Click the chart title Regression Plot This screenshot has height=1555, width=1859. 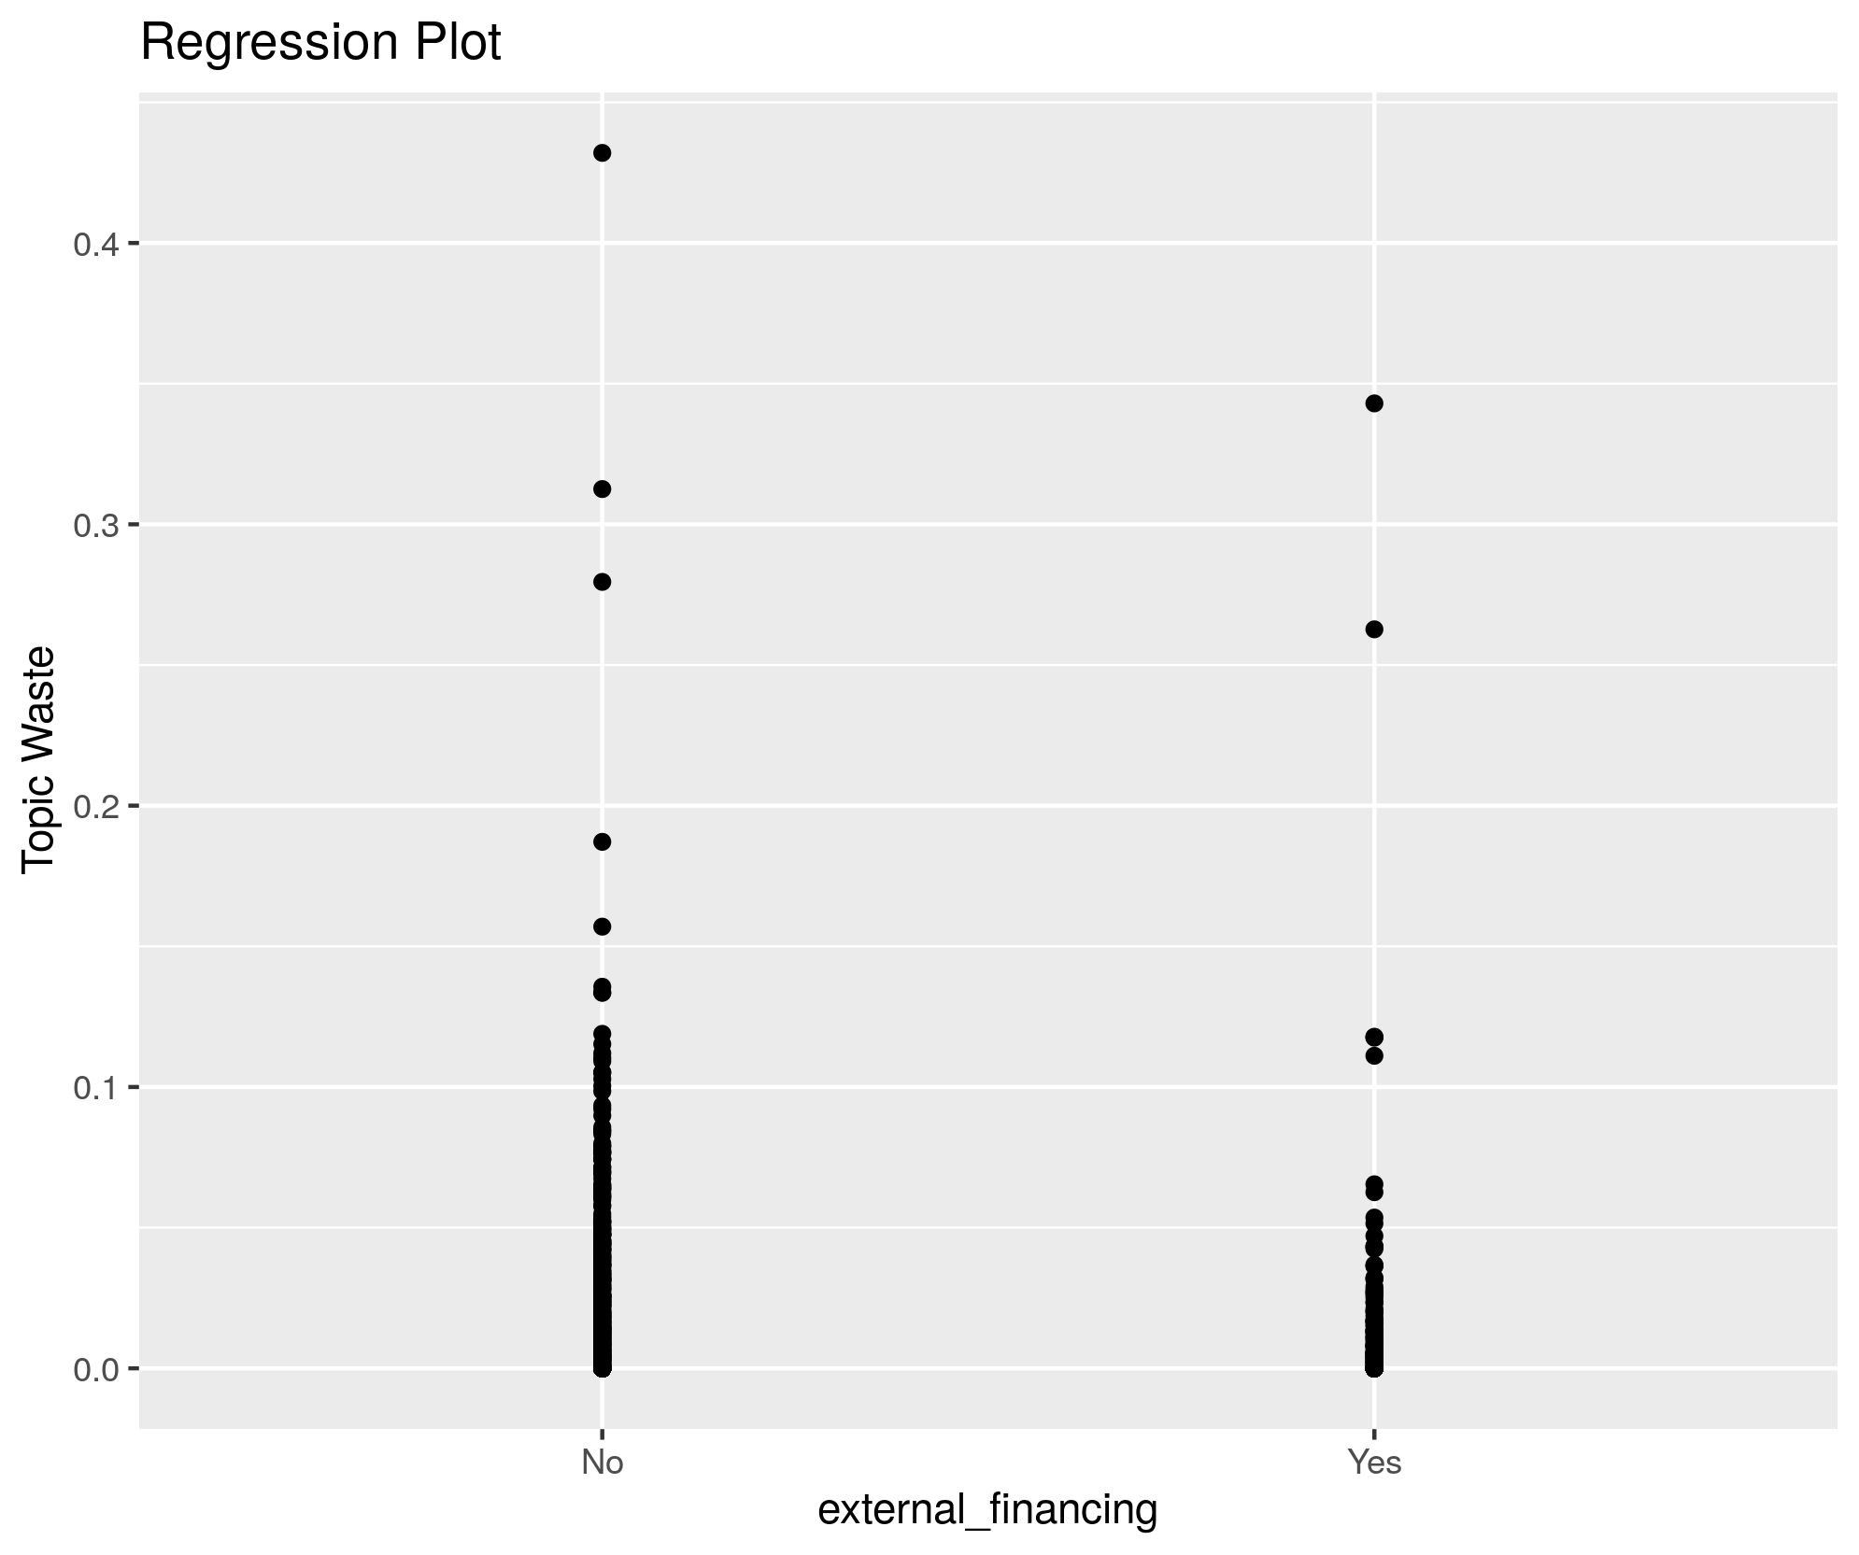point(320,43)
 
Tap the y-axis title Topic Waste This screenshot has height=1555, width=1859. point(39,758)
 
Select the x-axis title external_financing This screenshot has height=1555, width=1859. point(987,1510)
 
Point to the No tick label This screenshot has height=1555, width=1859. point(602,1463)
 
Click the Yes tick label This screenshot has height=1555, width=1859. point(1374,1463)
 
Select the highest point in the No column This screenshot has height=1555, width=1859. point(603,153)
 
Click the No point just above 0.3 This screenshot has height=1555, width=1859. point(603,489)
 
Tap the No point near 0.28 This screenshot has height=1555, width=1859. point(603,582)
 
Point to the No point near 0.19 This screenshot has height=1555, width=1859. point(603,842)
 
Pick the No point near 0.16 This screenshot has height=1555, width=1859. point(603,926)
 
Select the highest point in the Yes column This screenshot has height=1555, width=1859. point(1374,403)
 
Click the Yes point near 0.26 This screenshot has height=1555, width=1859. point(1374,629)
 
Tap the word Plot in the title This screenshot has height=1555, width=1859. point(461,43)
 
